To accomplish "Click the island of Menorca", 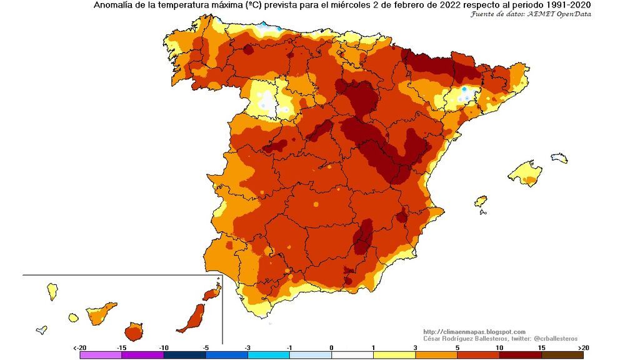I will point(559,157).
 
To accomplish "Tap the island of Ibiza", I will point(481,201).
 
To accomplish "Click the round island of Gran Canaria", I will point(134,331).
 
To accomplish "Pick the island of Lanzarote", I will point(212,292).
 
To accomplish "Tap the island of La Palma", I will point(52,291).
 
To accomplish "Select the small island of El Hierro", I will point(41,329).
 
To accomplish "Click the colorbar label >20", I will point(583,347).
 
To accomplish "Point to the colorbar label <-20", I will point(79,347).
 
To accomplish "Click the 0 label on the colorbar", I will point(331,347).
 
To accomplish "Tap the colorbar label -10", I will point(164,347).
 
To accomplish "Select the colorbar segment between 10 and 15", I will point(520,354).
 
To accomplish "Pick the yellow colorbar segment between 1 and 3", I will point(394,354).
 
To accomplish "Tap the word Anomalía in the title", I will point(114,6).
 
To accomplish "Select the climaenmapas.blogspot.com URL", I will point(474,331).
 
